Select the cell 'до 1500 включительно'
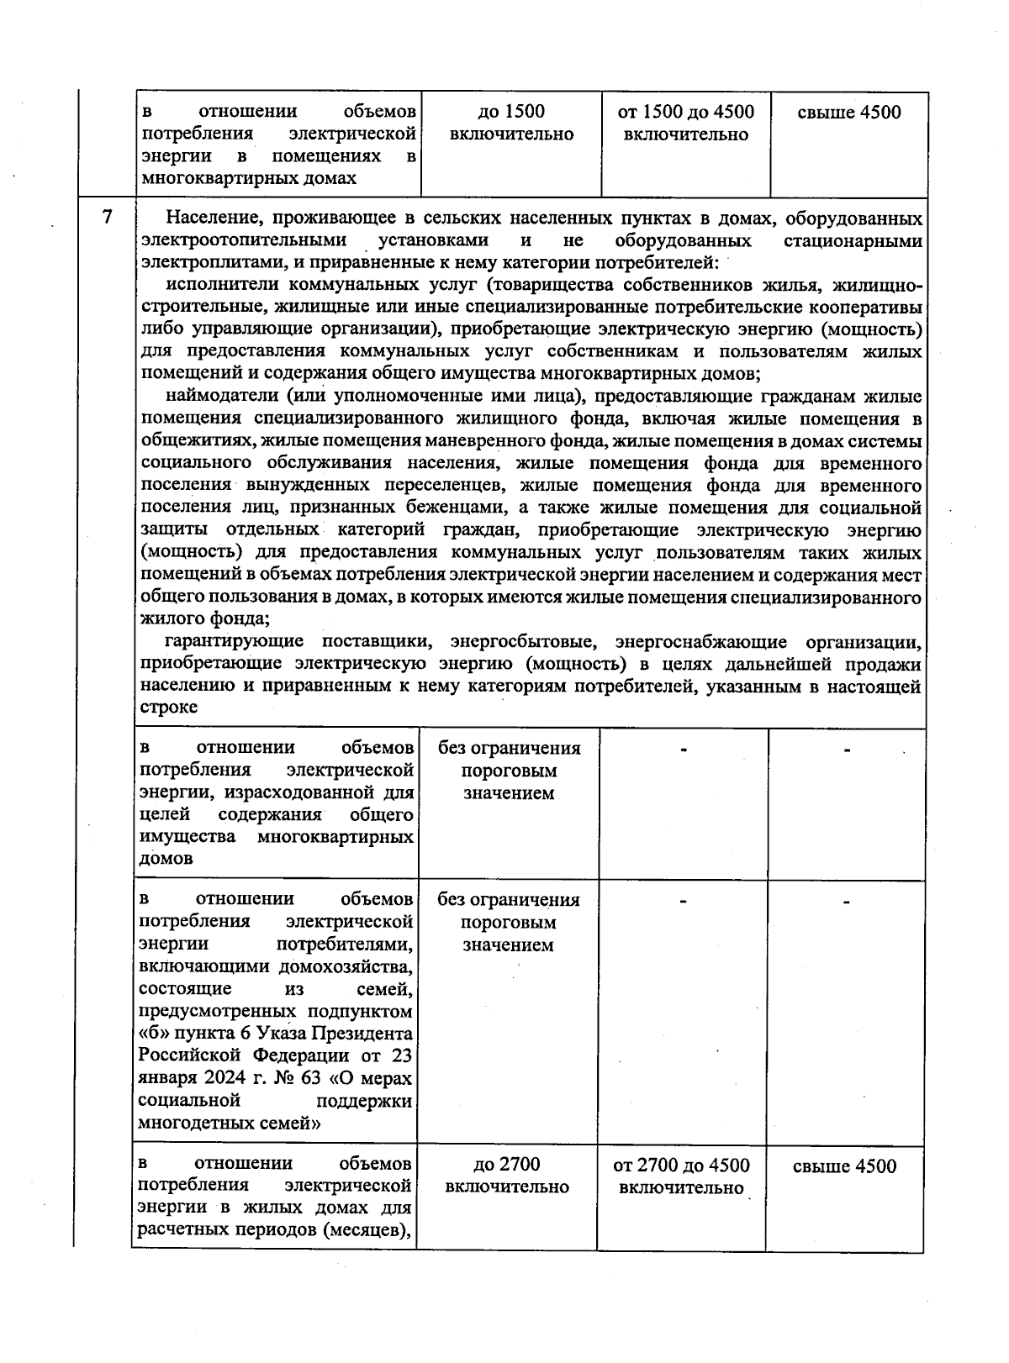(x=511, y=123)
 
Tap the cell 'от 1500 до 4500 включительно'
(x=686, y=123)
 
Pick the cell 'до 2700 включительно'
(x=507, y=1175)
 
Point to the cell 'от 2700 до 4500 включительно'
(x=681, y=1176)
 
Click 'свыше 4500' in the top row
(x=849, y=113)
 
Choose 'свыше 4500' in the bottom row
(x=844, y=1166)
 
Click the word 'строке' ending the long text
(x=168, y=708)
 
